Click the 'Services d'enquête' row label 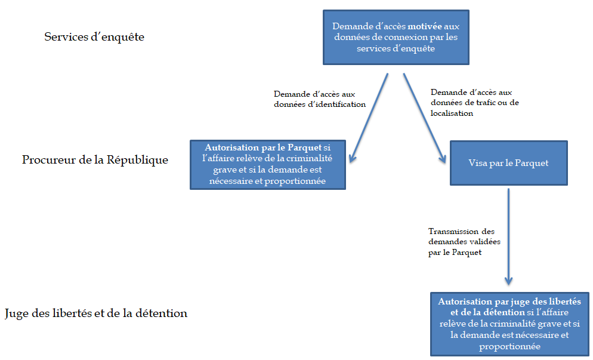click(94, 37)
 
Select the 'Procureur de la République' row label click(95, 160)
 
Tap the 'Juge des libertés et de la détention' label click(95, 313)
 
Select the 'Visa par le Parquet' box click(508, 163)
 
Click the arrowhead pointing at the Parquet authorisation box click(352, 159)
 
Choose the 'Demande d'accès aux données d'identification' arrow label click(319, 99)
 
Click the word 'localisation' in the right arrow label click(452, 113)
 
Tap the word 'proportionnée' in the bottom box click(509, 346)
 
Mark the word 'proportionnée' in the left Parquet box click(298, 181)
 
